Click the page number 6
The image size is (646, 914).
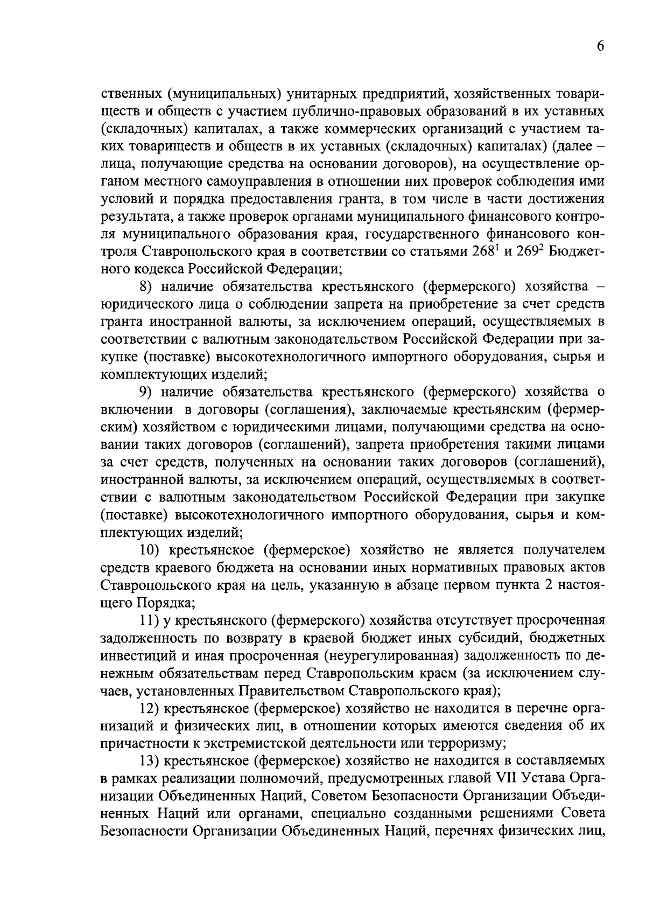point(600,46)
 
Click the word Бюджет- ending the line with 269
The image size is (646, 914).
point(575,252)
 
